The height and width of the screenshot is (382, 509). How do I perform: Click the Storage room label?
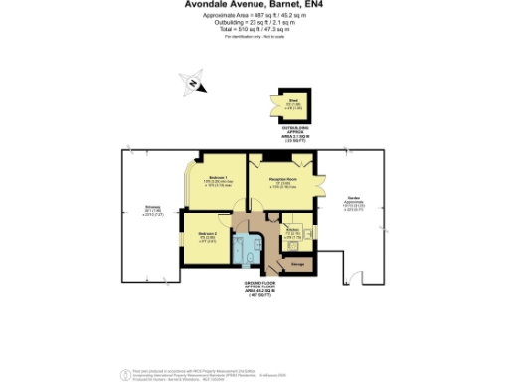296,265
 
